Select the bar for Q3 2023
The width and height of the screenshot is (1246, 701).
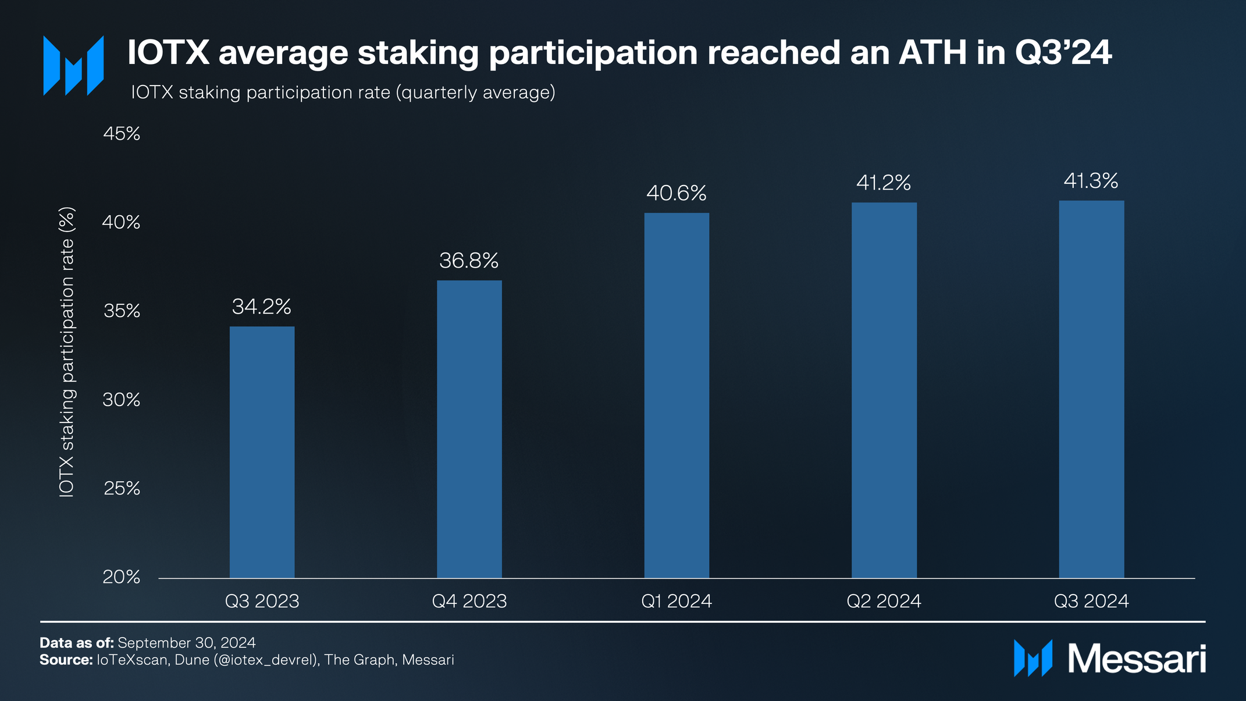point(262,452)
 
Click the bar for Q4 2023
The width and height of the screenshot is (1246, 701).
point(469,429)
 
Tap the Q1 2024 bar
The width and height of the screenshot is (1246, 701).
point(677,396)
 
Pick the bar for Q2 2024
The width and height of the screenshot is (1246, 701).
point(884,390)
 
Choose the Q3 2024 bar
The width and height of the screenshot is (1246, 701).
point(1091,389)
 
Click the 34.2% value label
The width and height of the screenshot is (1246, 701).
point(262,307)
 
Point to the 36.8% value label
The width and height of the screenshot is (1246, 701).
point(469,261)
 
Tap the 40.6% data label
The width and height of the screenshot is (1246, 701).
point(677,193)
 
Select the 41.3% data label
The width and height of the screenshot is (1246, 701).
point(1091,181)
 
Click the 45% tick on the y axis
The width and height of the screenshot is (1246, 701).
point(122,134)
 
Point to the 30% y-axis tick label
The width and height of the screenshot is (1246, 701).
point(122,400)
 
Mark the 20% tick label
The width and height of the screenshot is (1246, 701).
point(122,577)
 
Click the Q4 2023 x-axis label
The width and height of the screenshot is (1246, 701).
point(469,601)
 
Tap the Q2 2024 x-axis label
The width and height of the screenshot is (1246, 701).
point(884,601)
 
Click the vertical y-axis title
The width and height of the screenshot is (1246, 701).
point(67,352)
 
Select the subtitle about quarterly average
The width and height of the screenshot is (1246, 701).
point(343,92)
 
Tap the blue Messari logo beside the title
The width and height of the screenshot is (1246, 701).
point(74,65)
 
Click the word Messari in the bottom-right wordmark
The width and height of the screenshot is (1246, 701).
point(1137,659)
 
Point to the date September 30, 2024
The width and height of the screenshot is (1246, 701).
point(187,643)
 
